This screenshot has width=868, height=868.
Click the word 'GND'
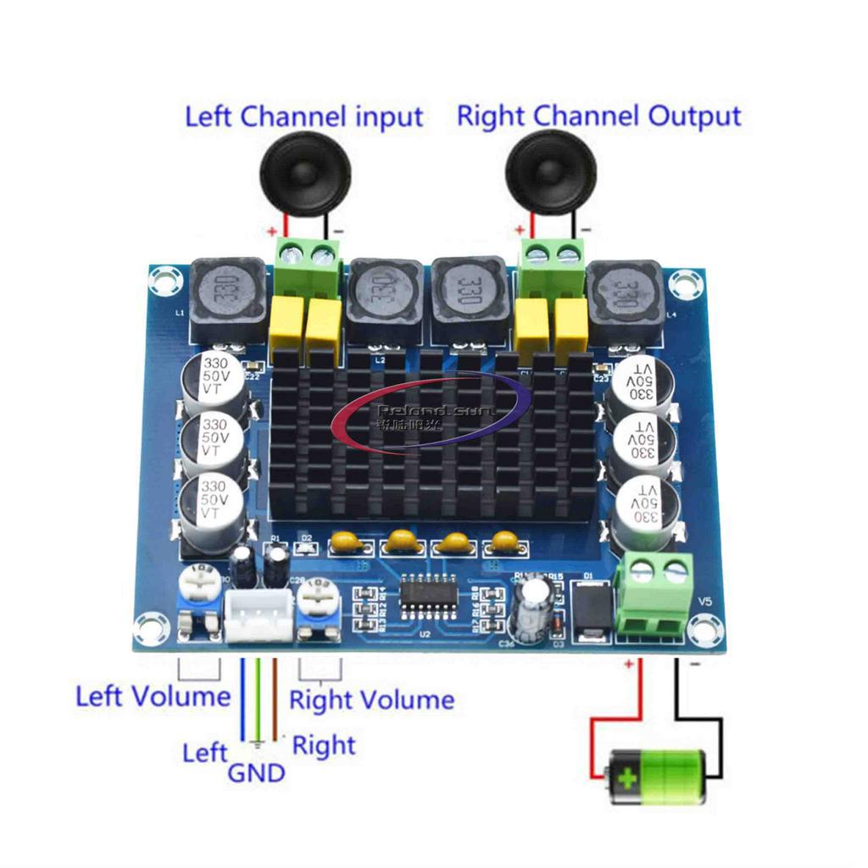256,772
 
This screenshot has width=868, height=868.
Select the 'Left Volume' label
153,697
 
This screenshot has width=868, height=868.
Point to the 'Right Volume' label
371,700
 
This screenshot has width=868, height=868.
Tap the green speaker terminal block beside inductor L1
306,264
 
